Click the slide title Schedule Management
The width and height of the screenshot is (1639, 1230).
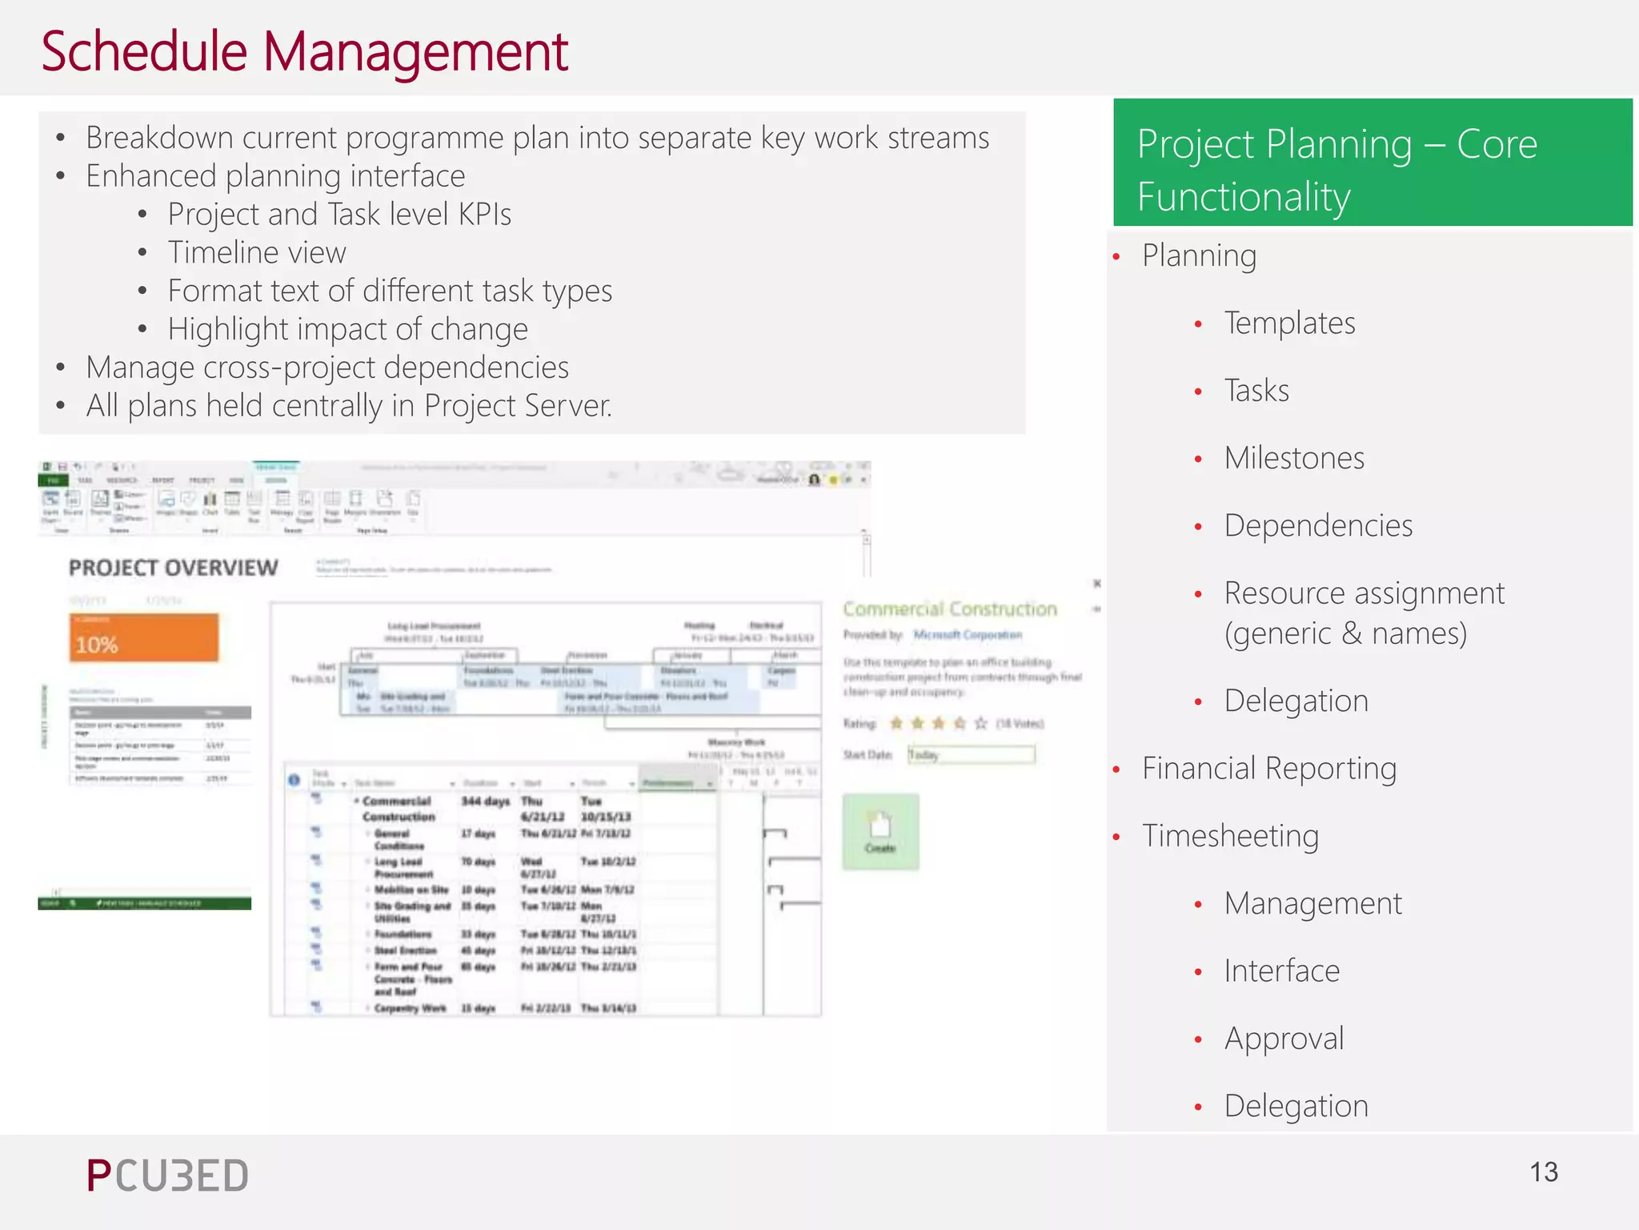pos(304,52)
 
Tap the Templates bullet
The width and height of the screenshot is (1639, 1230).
pos(1288,324)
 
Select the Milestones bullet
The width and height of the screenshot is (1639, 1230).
pos(1293,458)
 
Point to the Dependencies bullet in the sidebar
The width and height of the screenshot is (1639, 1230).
pos(1317,526)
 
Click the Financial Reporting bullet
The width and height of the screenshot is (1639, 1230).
pos(1268,769)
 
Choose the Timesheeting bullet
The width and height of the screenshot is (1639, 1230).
pos(1229,836)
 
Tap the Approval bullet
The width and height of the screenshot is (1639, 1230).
pos(1283,1039)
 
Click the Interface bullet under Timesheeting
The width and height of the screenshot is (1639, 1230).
pos(1280,971)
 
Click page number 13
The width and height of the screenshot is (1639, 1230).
pos(1543,1172)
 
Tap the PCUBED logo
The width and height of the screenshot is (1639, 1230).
pos(168,1176)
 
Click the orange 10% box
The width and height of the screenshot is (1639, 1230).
pos(144,638)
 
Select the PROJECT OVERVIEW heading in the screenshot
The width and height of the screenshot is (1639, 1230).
pos(173,568)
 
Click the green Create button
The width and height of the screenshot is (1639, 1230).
pos(880,831)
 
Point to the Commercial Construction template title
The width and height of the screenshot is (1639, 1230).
pos(950,609)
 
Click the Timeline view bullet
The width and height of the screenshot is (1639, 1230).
pos(256,253)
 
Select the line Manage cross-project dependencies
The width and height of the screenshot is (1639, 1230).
pos(327,368)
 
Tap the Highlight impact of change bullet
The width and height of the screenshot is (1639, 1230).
pos(347,329)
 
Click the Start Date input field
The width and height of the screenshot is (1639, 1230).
pos(971,754)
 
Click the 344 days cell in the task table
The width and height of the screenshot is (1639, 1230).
pos(485,802)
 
